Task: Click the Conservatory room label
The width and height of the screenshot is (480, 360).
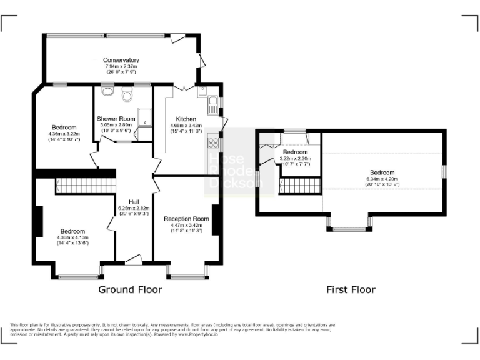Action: [x=121, y=60]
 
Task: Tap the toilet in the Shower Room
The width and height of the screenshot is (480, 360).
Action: [x=127, y=96]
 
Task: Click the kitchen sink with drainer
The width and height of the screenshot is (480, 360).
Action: [x=212, y=103]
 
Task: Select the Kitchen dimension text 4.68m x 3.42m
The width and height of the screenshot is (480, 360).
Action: [x=186, y=125]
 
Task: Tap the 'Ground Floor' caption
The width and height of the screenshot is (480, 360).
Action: [x=130, y=290]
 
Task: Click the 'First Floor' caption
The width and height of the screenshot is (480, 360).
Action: [x=351, y=290]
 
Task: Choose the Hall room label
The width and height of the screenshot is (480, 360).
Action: [x=134, y=202]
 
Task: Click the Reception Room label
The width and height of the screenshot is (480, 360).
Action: [x=186, y=219]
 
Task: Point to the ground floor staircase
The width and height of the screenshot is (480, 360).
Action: [x=85, y=184]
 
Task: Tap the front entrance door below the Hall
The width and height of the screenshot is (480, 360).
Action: [x=134, y=260]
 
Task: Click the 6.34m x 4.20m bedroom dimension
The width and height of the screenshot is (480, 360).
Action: [x=382, y=179]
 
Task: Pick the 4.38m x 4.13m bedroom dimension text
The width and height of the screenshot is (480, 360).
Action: [x=72, y=237]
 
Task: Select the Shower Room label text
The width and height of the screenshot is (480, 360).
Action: [x=116, y=119]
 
